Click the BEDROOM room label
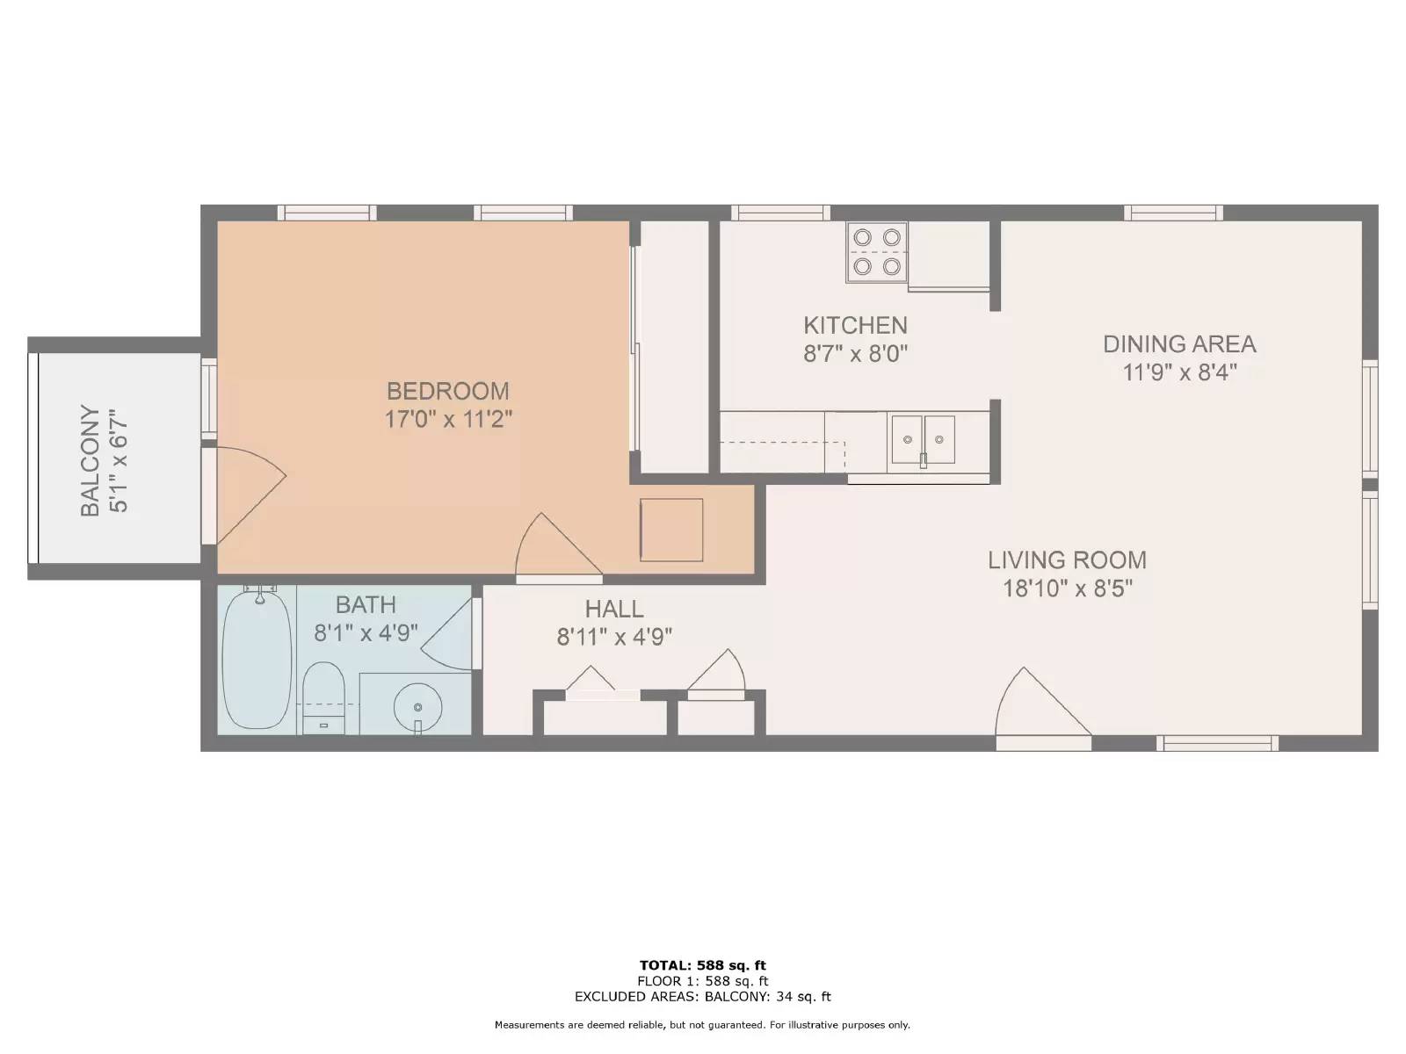448,391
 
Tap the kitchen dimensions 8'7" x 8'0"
856,353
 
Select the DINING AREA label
1179,344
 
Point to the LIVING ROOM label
1067,560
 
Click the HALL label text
614,610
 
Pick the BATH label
366,605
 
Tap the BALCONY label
91,460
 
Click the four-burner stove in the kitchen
876,252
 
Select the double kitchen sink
923,440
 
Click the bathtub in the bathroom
257,660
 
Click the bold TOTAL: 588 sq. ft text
703,965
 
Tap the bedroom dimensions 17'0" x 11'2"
448,420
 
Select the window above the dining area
1173,213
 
